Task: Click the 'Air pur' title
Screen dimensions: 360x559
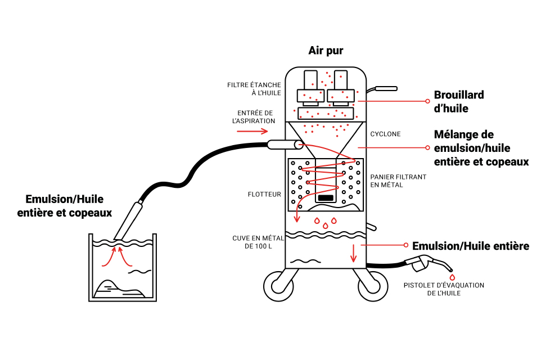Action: point(326,51)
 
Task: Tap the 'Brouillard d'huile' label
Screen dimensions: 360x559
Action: point(459,101)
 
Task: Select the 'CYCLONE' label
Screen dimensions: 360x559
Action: point(385,134)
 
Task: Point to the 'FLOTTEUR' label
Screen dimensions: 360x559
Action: point(264,195)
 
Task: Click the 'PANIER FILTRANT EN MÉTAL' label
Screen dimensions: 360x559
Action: point(398,181)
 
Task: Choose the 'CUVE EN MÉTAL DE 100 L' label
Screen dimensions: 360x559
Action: point(258,242)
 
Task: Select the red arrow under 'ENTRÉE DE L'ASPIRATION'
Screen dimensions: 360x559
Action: point(252,132)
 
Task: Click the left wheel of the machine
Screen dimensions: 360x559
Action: point(278,284)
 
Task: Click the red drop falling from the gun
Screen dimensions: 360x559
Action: point(452,277)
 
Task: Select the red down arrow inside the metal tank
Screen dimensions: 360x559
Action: point(353,254)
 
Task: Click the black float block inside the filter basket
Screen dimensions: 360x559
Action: point(326,197)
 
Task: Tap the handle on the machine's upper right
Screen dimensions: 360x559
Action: point(385,88)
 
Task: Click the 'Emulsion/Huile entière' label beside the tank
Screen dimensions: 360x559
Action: point(470,246)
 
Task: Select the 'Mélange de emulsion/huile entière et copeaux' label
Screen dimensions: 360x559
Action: point(481,148)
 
